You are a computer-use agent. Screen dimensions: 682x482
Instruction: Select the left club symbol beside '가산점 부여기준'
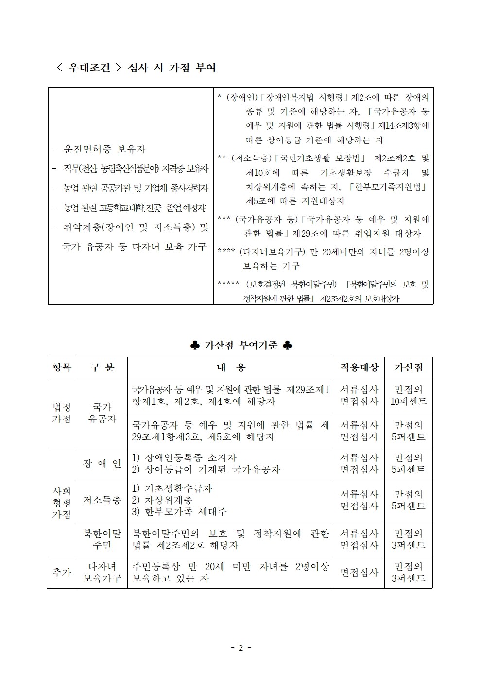(195, 345)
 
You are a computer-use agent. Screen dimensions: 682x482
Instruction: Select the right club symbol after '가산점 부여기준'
(288, 345)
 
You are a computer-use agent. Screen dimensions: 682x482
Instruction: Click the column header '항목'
(62, 367)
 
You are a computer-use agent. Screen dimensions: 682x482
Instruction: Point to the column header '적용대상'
(359, 367)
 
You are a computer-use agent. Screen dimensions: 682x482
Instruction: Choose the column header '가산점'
(408, 367)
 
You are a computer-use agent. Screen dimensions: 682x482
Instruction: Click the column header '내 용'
(230, 367)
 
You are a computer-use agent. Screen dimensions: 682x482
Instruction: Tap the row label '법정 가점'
(62, 413)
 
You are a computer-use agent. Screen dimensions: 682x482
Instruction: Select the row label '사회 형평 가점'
(62, 503)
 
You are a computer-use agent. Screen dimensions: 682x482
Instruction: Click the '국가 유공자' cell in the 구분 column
(102, 413)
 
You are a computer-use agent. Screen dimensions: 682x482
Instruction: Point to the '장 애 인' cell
(102, 464)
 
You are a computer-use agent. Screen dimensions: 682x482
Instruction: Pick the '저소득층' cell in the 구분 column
(102, 500)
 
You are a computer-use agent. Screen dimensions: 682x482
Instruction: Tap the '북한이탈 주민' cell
(102, 539)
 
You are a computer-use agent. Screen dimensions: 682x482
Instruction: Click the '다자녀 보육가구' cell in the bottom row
(102, 573)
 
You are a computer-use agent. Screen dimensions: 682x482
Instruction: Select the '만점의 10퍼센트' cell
(408, 396)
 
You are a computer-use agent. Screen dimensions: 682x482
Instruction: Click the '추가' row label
(62, 573)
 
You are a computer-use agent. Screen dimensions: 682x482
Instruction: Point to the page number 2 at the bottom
(241, 648)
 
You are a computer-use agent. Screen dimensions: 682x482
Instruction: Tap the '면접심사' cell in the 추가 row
(359, 573)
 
